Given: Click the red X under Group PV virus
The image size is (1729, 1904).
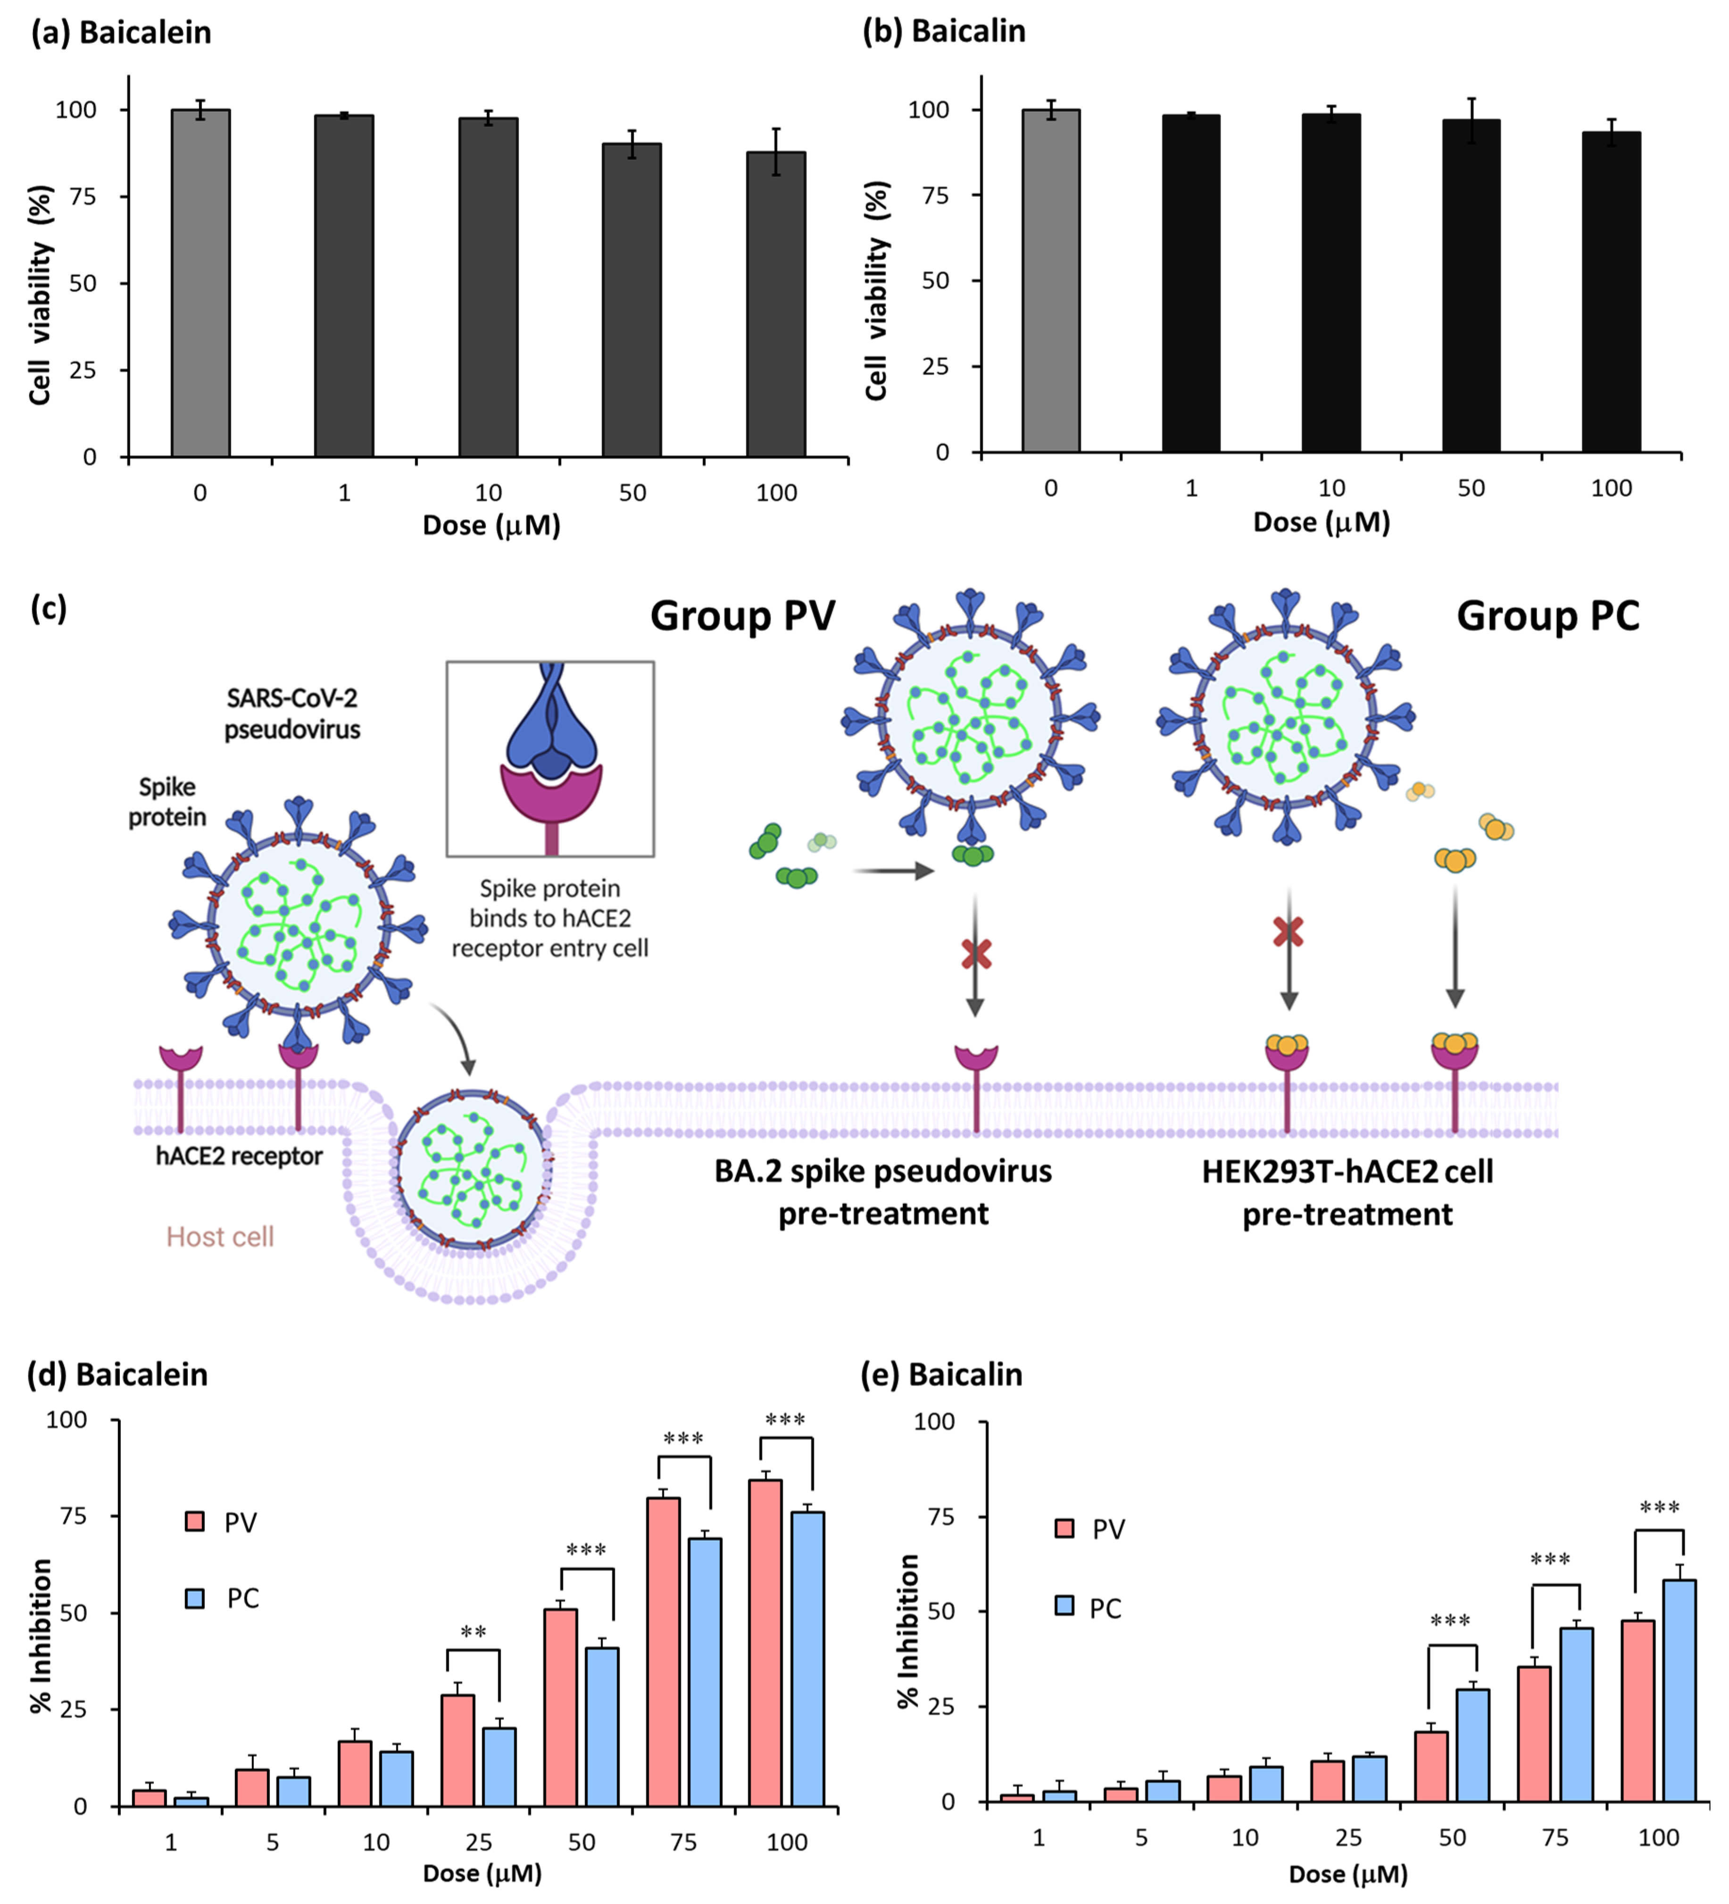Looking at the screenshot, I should [976, 954].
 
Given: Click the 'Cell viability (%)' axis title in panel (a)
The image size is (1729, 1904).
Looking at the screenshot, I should [40, 295].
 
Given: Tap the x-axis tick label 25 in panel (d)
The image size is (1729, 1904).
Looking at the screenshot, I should [479, 1842].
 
